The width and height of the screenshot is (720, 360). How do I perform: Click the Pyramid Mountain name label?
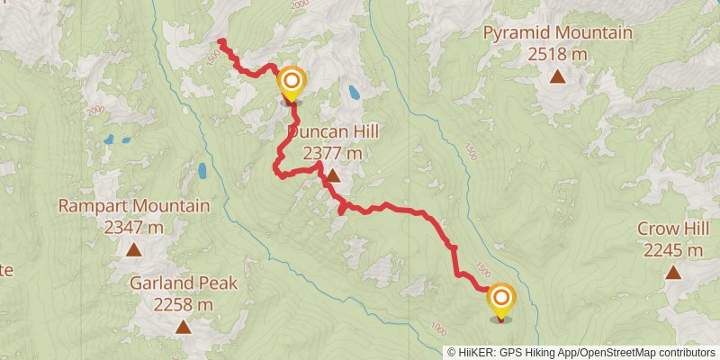coord(558,33)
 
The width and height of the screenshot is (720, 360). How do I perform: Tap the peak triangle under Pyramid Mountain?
coord(558,76)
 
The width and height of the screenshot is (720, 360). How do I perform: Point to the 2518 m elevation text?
coord(558,54)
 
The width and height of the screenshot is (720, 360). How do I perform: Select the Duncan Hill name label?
coord(333,133)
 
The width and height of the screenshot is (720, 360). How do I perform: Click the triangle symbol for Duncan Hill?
coord(333,175)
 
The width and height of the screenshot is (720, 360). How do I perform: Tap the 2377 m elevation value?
coord(333,154)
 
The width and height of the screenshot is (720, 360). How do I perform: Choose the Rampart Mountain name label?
coord(133,206)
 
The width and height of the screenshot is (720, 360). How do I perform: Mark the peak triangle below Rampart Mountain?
coord(133,249)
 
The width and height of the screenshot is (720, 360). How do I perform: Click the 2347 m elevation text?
coord(133,227)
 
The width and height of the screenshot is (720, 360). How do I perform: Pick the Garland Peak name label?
coord(184,283)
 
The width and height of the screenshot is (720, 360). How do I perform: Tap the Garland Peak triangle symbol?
coord(184,327)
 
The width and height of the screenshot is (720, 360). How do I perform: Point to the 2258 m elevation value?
coord(184,305)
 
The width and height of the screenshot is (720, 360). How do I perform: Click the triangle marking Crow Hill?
coord(673,272)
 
